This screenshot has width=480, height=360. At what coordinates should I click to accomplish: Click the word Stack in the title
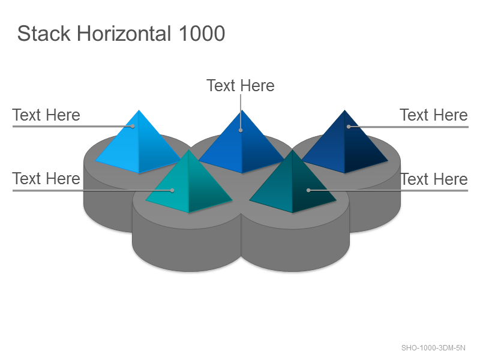44,34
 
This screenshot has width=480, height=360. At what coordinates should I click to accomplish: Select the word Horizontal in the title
124,34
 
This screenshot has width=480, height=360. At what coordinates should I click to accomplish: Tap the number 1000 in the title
202,34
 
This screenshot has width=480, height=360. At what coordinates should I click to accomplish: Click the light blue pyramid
139,144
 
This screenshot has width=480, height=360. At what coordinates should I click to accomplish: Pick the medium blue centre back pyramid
242,144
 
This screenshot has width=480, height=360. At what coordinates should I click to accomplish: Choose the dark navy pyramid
344,144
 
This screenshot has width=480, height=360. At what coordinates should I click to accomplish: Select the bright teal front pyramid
189,183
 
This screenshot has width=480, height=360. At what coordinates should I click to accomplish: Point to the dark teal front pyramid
293,183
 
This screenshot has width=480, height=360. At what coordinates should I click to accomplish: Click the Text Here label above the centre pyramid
241,85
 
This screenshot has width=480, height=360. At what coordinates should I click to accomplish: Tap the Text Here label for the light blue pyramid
46,115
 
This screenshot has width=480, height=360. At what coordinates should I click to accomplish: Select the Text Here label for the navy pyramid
434,115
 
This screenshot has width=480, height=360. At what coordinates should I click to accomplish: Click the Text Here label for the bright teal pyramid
46,178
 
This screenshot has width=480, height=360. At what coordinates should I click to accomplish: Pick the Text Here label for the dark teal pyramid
434,179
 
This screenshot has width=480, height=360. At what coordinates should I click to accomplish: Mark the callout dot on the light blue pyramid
133,126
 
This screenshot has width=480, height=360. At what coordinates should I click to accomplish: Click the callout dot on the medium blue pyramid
241,130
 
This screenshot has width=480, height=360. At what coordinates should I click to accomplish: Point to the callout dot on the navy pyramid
349,127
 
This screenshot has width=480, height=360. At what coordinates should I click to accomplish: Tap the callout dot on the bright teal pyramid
172,190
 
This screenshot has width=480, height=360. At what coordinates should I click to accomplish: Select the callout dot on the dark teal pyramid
308,190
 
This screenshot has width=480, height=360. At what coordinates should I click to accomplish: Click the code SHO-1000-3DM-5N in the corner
433,348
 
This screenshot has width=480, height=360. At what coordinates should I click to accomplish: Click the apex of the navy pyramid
344,110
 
